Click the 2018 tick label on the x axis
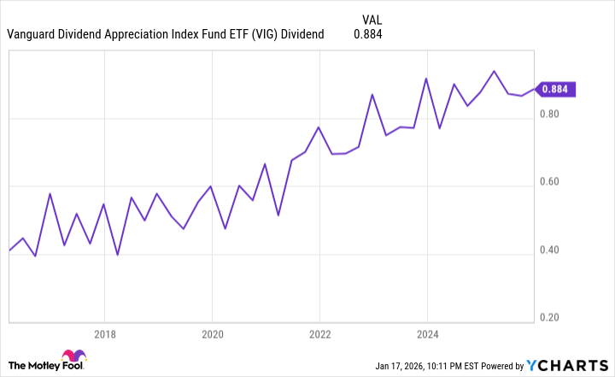[x=104, y=334]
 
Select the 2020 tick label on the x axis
[x=212, y=334]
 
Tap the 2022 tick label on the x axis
[x=319, y=334]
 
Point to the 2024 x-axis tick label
[x=427, y=334]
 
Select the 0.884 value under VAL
[x=368, y=34]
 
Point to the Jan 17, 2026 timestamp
[x=411, y=366]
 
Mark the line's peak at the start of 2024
[x=426, y=79]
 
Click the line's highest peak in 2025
[x=494, y=71]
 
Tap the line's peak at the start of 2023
[x=372, y=94]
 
